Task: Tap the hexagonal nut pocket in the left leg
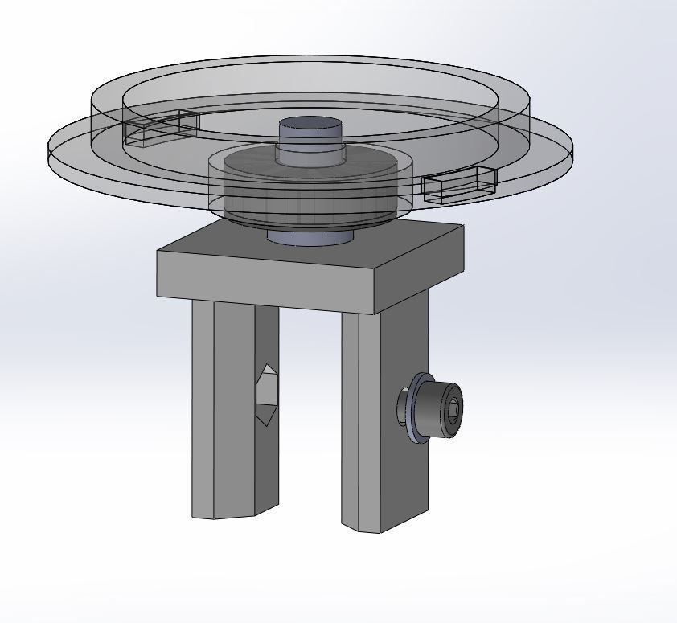265,394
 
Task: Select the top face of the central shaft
310,126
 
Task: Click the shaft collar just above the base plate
310,238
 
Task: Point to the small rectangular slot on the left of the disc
161,129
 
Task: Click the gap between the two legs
310,418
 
